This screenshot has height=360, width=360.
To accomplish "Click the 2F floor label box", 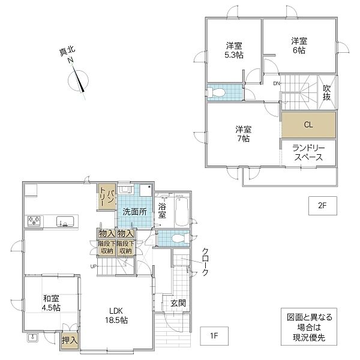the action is tap(323, 206).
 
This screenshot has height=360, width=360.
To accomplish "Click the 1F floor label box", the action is tap(214, 336).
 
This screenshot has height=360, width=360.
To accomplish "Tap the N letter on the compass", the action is tap(70, 61).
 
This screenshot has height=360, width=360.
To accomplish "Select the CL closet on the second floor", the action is tap(308, 125).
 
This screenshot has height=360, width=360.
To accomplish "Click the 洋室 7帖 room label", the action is tap(244, 134).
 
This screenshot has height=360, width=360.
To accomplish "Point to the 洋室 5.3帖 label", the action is tap(234, 50).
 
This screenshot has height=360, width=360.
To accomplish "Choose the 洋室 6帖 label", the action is tap(299, 46).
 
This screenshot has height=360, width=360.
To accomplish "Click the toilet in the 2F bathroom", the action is tap(216, 92).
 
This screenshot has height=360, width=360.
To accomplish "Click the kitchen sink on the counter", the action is tap(65, 221).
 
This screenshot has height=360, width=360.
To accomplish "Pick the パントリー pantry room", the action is tap(107, 196).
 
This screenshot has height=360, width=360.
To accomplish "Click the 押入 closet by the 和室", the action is tap(70, 340).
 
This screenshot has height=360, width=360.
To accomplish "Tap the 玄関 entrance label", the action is tap(178, 304).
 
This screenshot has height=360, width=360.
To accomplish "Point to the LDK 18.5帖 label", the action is tap(116, 316).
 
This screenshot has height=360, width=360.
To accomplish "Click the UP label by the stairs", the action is tap(94, 266).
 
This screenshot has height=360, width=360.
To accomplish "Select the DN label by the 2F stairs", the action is tap(277, 83).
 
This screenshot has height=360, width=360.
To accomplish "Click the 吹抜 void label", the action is tap(327, 92).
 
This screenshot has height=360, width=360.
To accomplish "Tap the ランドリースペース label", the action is tap(308, 152).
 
